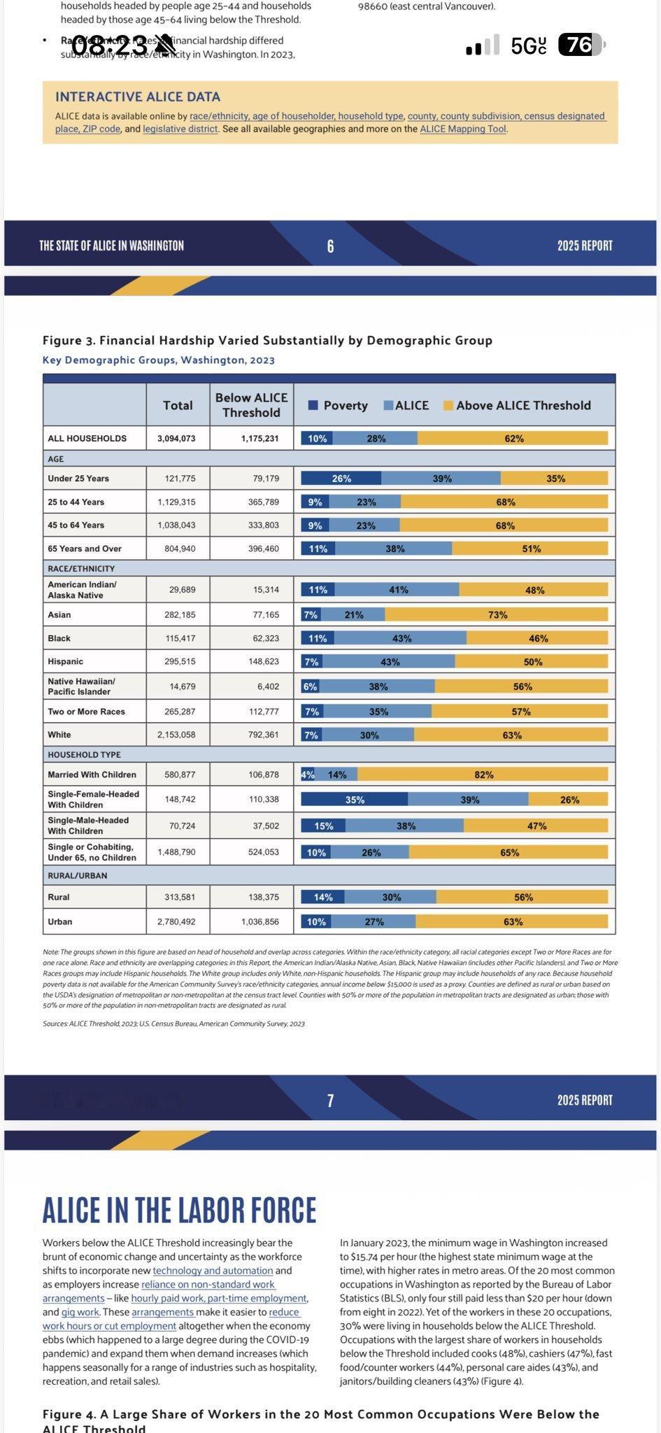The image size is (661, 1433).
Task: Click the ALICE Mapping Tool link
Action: [463, 129]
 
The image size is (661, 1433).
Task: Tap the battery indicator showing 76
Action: [581, 45]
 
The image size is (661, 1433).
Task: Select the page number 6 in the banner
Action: [330, 246]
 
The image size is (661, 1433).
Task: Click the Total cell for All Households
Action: [178, 439]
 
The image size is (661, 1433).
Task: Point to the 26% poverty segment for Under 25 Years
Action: [341, 479]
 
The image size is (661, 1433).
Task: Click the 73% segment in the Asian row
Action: [497, 615]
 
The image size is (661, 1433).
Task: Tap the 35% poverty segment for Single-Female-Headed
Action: [354, 800]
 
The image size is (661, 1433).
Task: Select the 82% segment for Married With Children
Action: [483, 775]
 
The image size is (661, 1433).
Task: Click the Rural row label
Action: [59, 897]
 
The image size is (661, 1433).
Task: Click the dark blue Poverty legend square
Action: [313, 405]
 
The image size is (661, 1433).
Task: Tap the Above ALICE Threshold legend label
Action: [523, 405]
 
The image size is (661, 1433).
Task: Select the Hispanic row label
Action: [65, 661]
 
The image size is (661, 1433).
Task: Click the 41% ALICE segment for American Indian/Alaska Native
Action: [398, 590]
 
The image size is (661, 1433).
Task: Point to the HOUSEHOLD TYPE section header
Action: [84, 754]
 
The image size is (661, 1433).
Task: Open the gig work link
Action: [80, 1312]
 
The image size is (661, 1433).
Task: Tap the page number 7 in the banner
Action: [330, 1101]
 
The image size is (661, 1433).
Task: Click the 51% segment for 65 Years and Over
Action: [530, 549]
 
